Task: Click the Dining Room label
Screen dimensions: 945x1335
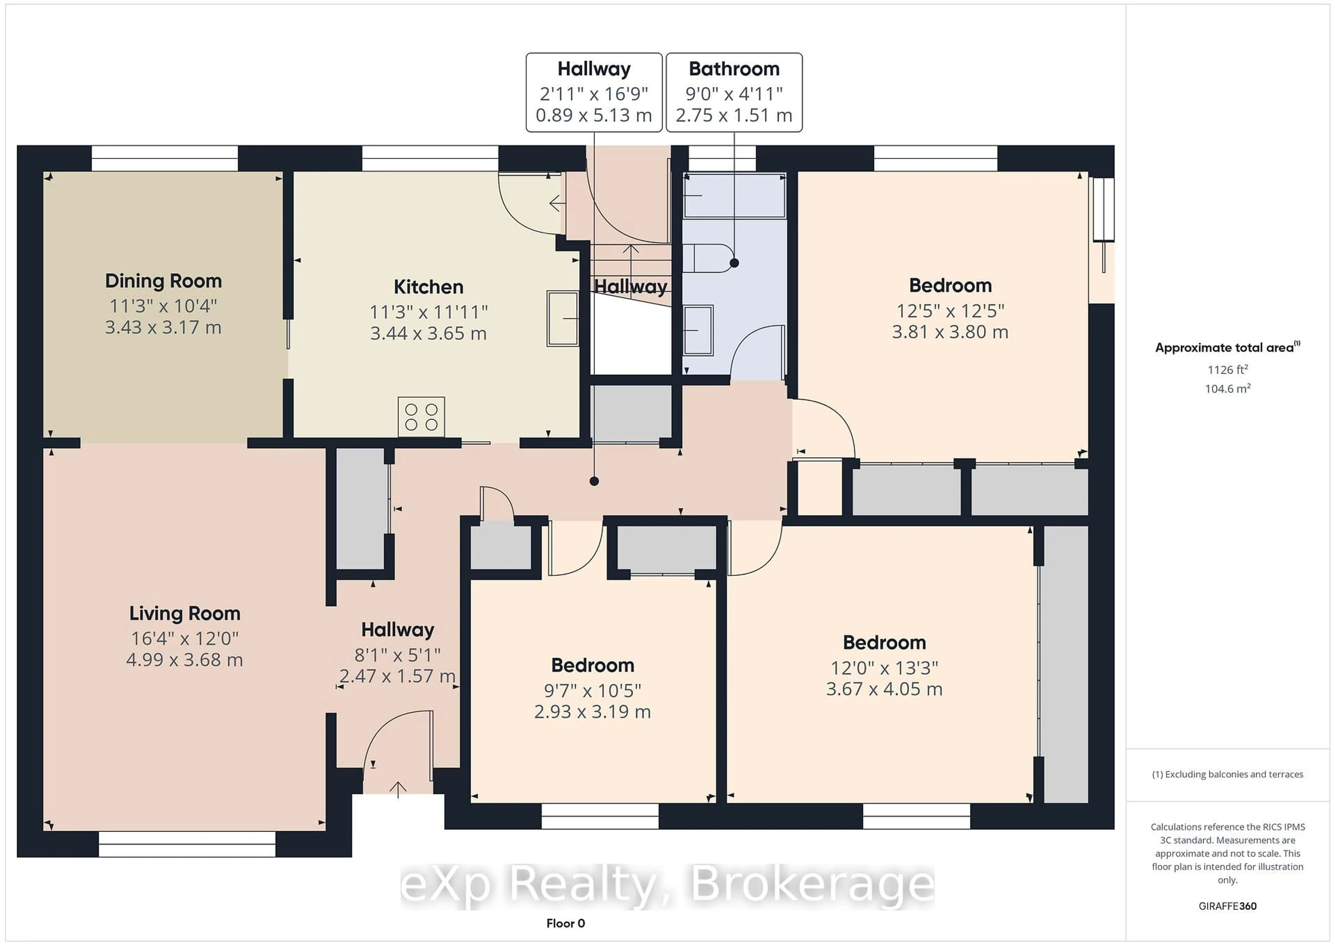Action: point(163,281)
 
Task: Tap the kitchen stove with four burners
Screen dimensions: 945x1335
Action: point(421,416)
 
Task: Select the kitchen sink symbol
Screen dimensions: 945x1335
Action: point(562,319)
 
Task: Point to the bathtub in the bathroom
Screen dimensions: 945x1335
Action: point(734,196)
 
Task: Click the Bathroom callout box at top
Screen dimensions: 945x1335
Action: point(734,92)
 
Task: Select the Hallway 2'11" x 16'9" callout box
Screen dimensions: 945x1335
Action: point(594,92)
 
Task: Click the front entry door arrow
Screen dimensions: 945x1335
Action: point(398,789)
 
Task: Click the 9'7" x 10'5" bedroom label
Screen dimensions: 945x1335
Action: point(592,690)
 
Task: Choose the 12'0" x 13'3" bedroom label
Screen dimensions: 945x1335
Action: point(884,667)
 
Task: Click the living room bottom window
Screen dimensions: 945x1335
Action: point(187,844)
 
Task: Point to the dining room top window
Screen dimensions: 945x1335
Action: point(164,158)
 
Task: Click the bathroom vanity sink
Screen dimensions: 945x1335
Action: point(698,330)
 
